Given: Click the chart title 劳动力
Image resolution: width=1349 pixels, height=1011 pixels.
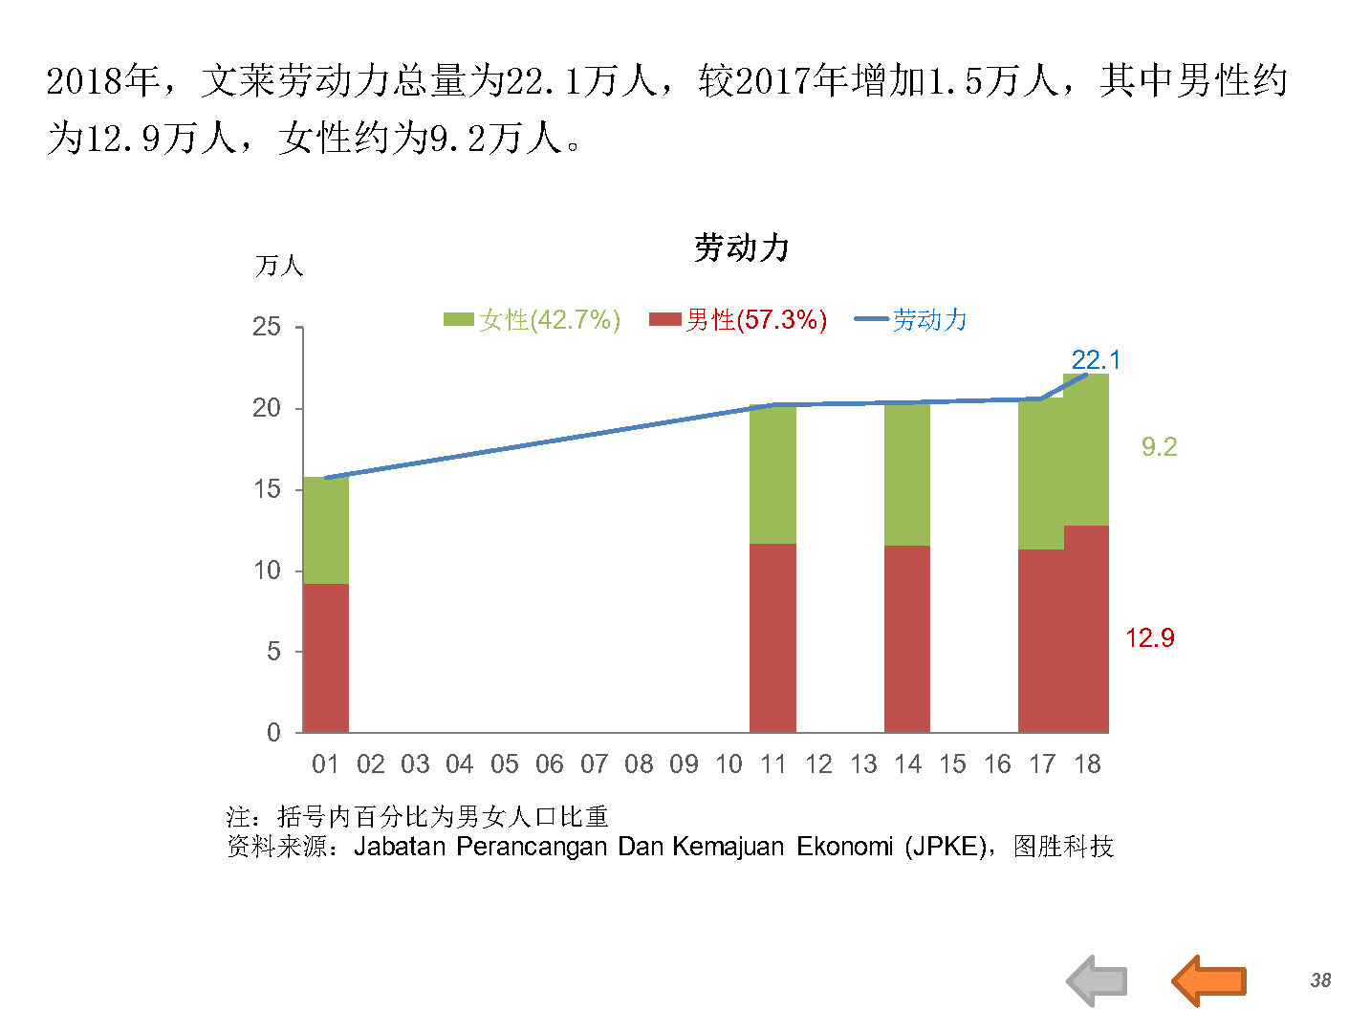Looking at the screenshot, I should click(741, 248).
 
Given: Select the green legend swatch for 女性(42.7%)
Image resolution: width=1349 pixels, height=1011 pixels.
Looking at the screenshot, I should click(459, 319).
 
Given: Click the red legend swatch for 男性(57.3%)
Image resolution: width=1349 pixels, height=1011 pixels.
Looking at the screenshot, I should click(664, 319).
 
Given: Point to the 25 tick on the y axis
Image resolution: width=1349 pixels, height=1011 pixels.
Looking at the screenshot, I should click(267, 327).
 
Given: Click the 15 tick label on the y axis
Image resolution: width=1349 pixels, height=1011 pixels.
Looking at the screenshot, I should click(267, 489).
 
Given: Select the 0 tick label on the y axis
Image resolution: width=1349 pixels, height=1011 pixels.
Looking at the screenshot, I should click(274, 732).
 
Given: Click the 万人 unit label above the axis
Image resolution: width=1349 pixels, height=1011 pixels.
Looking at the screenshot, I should click(279, 266).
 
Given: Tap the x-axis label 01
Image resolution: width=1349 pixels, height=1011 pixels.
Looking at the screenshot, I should click(325, 764).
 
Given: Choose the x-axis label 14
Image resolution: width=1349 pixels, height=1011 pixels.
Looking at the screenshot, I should click(907, 764).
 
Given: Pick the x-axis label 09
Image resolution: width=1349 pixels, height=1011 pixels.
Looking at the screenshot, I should click(684, 764).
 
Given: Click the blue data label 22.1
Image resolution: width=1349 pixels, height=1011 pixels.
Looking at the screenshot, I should click(1096, 360).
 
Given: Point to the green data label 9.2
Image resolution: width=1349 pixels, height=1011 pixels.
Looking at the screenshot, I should click(1159, 446).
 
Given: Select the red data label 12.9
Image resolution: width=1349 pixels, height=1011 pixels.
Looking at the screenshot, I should click(1149, 637).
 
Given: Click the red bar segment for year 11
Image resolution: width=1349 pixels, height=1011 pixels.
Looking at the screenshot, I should click(772, 637).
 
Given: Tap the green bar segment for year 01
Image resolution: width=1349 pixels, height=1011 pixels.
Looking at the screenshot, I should click(326, 530).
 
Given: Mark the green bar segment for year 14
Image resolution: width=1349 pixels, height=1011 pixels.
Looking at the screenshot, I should click(907, 474).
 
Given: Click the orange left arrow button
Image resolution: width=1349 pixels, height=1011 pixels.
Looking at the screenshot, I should click(1209, 980).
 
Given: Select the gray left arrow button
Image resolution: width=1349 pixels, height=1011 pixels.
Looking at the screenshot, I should click(1098, 980).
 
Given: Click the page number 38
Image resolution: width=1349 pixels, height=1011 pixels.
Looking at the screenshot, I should click(1320, 980).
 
